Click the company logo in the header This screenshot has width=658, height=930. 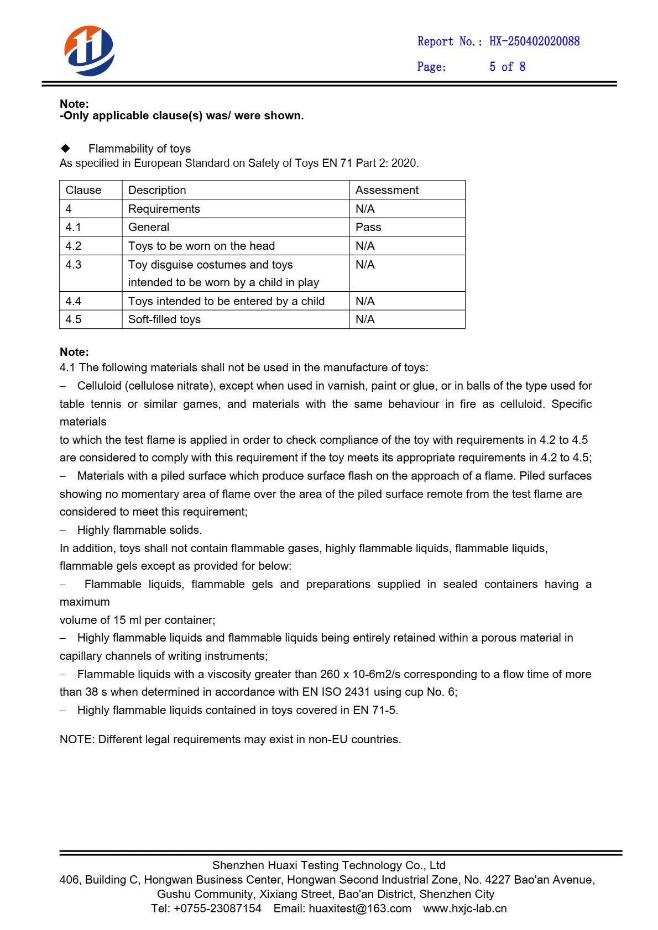pos(89,51)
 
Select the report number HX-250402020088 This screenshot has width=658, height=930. pos(534,41)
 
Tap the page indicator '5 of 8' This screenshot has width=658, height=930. pos(507,67)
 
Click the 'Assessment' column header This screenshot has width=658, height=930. pos(387,190)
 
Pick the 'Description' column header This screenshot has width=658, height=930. pos(157,190)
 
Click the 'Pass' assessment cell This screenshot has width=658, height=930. pos(368,227)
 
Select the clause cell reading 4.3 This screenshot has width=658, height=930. pos(74,265)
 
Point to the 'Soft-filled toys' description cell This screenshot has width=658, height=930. pos(164,319)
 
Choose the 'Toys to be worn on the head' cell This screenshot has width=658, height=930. pos(201,246)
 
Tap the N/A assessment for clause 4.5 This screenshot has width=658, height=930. pos(365,319)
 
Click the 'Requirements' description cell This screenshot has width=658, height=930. pos(164,209)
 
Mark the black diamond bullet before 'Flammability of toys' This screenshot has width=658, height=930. pos(66,148)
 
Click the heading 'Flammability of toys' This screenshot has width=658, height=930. pos(139,149)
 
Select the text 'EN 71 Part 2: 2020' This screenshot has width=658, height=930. pos(370,163)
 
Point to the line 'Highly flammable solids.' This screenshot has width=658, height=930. pos(139,530)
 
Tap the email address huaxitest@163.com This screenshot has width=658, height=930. pos(360,908)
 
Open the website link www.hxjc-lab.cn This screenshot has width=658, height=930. pos(465,908)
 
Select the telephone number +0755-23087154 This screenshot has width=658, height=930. pos(217,908)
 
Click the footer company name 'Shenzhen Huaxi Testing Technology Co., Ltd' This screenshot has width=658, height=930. pos(328,865)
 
